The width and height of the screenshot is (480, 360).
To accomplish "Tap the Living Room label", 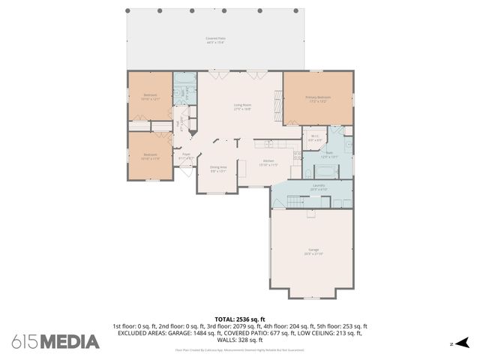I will coord(241,106).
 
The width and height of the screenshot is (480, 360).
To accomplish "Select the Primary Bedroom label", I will coord(318,99).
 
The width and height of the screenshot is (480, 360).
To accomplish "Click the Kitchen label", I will coord(269,163).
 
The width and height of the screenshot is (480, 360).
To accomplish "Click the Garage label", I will coord(313,251).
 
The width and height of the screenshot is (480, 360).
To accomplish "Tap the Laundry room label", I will coord(318,187).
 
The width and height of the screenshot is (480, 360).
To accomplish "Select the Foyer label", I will coord(186,156).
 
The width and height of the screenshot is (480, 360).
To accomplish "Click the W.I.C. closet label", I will coord(315,138).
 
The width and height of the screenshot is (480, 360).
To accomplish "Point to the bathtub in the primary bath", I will coord(327,172).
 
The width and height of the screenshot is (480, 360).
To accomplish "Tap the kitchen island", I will coord(243,168).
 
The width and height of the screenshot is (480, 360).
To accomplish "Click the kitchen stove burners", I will coord(297,157).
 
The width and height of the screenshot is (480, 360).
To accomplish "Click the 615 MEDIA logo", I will coord(55,341).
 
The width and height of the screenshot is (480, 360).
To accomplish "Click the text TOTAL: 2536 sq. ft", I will coord(239,319).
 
